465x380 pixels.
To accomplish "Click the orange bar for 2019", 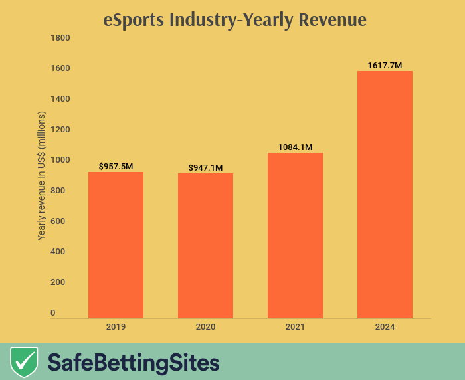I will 116,245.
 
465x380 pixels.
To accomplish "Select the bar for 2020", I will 205,246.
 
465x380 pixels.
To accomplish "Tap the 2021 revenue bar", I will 295,235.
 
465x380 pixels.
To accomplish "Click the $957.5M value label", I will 116,166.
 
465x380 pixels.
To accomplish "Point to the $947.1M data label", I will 205,167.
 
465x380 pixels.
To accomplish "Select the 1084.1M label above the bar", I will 295,147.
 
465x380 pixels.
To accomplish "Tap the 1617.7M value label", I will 385,65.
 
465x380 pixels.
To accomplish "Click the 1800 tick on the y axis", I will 60,38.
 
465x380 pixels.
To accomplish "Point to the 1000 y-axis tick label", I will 60,160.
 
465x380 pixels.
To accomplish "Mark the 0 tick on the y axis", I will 54,313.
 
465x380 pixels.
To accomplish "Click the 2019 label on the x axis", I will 116,327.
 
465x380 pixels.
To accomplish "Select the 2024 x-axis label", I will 385,327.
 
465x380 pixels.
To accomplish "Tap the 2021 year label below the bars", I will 295,327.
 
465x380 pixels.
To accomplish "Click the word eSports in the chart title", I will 134,21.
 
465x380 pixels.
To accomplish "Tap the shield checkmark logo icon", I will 24,362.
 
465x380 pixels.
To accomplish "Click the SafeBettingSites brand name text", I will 133,363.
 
